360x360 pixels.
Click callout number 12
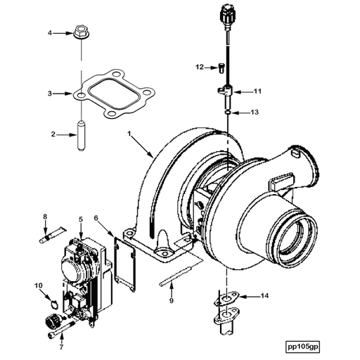(200, 67)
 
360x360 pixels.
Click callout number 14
(265, 296)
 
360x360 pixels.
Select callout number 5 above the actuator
(81, 219)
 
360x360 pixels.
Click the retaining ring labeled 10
(49, 303)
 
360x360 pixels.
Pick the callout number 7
(60, 347)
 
